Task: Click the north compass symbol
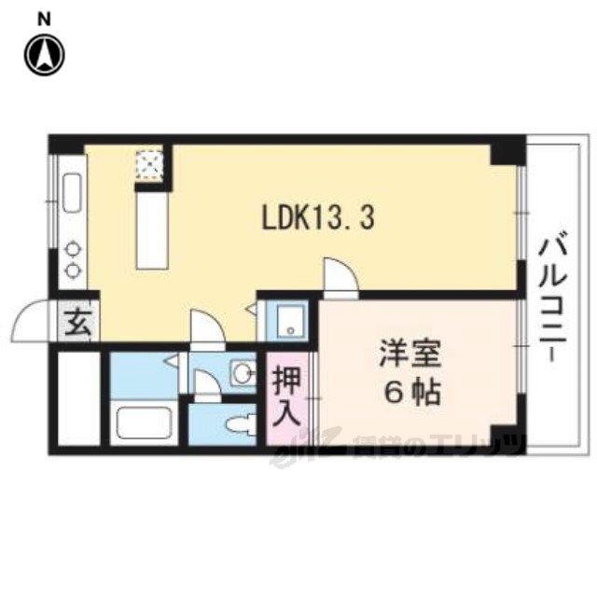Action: (x=45, y=55)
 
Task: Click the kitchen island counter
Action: (x=149, y=229)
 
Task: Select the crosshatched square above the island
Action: (x=149, y=166)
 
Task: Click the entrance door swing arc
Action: (x=33, y=322)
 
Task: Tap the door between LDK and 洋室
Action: (x=340, y=279)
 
